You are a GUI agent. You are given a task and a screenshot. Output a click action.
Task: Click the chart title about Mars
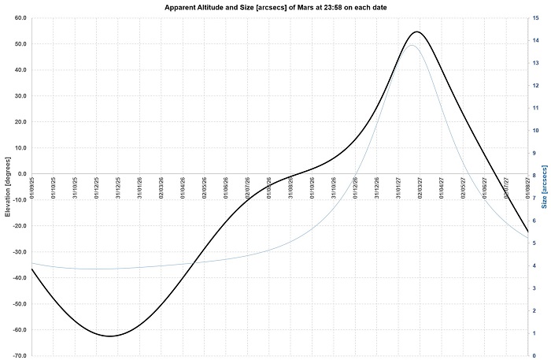pyautogui.click(x=275, y=6)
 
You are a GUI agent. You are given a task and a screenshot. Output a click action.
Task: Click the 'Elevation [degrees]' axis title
pyautogui.click(x=6, y=187)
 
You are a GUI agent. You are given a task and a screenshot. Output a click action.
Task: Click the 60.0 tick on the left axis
pyautogui.click(x=19, y=17)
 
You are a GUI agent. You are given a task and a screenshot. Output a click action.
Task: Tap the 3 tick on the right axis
pyautogui.click(x=534, y=288)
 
